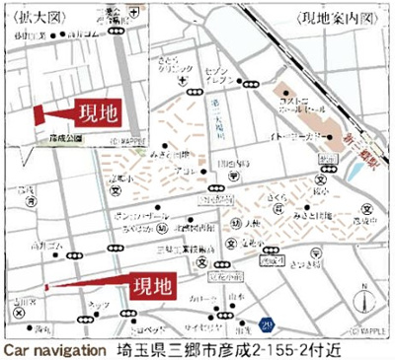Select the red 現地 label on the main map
point(149,286)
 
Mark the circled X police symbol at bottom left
point(18,308)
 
